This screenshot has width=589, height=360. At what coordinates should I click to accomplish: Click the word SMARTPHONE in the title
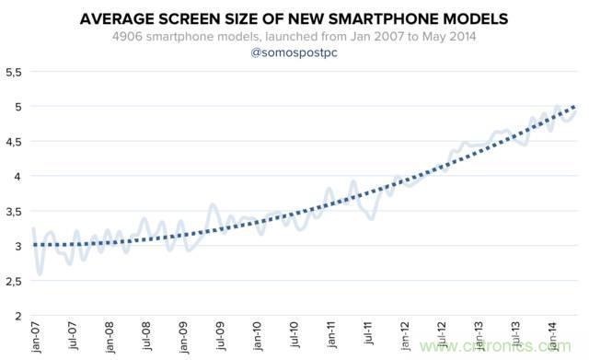[x=378, y=18]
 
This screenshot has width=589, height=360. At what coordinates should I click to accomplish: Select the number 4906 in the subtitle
[x=127, y=37]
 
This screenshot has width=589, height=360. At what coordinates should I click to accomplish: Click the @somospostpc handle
[x=294, y=52]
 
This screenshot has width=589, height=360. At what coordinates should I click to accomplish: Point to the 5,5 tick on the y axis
[x=14, y=72]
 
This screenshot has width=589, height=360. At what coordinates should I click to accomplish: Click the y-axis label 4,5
[x=14, y=143]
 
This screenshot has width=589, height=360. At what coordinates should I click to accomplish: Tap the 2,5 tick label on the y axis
[x=14, y=282]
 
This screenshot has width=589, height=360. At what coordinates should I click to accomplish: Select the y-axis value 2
[x=18, y=317]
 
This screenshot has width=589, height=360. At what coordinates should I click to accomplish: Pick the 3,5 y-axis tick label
[x=14, y=212]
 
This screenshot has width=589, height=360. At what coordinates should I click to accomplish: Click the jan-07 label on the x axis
[x=37, y=338]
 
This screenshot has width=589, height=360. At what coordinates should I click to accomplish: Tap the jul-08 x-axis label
[x=147, y=336]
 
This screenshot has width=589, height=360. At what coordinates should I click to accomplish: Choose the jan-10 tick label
[x=258, y=336]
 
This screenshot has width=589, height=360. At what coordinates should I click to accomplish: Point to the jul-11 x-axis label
[x=368, y=333]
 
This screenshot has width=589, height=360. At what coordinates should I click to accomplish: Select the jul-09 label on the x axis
[x=221, y=336]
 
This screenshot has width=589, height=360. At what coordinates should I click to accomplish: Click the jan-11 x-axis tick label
[x=331, y=334]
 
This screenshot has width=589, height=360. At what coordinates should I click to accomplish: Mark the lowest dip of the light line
[x=40, y=274]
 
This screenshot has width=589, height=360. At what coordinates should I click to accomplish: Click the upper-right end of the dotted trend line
[x=574, y=107]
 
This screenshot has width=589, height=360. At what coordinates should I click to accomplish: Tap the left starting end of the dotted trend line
[x=35, y=245]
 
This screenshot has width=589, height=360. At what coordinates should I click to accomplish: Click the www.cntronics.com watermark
[x=495, y=345]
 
